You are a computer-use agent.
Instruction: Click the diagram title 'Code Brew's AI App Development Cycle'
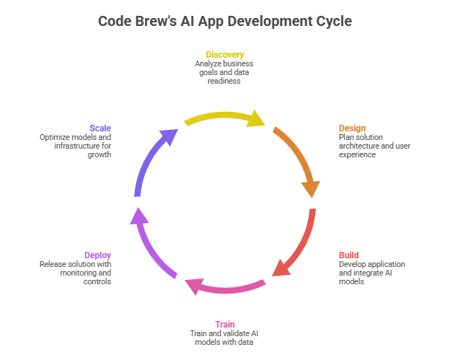[x=224, y=21]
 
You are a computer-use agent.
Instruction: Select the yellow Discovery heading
[x=224, y=55]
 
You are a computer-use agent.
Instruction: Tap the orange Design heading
[x=352, y=128]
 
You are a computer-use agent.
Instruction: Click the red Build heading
[x=349, y=255]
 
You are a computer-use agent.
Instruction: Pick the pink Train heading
[x=224, y=324]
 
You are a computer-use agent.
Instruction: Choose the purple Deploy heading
[x=97, y=255]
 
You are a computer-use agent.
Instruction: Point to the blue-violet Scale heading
[x=100, y=128]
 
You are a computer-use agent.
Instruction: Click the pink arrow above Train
[x=224, y=288]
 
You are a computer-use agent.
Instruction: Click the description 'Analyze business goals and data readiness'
[x=224, y=72]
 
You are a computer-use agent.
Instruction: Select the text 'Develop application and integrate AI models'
[x=371, y=273]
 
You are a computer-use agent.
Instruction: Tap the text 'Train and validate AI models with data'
[x=224, y=337]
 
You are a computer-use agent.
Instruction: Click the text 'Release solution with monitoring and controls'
[x=77, y=273]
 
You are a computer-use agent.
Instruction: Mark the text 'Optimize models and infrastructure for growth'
[x=77, y=146]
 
